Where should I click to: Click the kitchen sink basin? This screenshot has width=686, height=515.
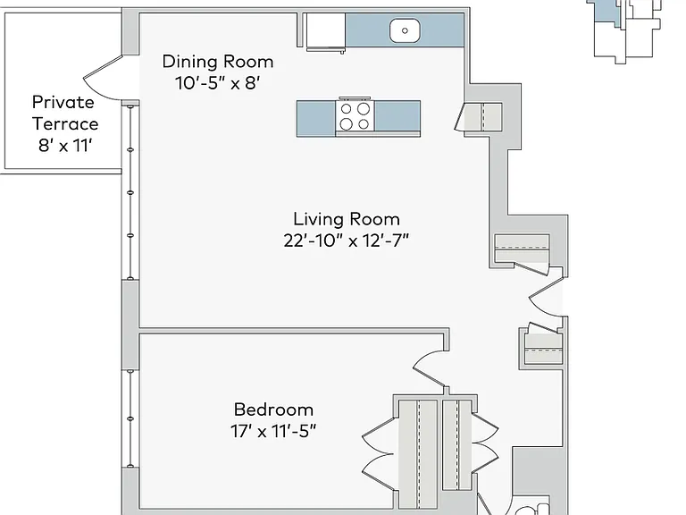(x=405, y=30)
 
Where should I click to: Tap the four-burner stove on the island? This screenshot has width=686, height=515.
(x=355, y=116)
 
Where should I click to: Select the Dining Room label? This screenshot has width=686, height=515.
(x=218, y=62)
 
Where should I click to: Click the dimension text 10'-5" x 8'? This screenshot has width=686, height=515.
(x=218, y=82)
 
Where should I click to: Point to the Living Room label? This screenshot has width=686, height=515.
(x=346, y=219)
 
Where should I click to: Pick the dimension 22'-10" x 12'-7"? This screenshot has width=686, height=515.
(x=346, y=241)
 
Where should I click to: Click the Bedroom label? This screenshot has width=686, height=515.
(x=273, y=409)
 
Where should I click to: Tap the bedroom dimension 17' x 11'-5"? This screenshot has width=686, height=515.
(x=273, y=431)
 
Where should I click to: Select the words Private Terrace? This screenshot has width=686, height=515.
(x=64, y=113)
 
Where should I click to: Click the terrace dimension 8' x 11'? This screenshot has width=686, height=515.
(x=64, y=146)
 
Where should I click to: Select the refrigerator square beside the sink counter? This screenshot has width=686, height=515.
(x=325, y=30)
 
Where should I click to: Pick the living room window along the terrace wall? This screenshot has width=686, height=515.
(x=130, y=192)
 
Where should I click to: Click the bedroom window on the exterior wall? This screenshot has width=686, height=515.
(x=130, y=418)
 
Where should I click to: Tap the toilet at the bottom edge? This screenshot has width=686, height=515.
(x=531, y=509)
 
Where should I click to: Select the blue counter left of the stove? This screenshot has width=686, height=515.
(x=316, y=119)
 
